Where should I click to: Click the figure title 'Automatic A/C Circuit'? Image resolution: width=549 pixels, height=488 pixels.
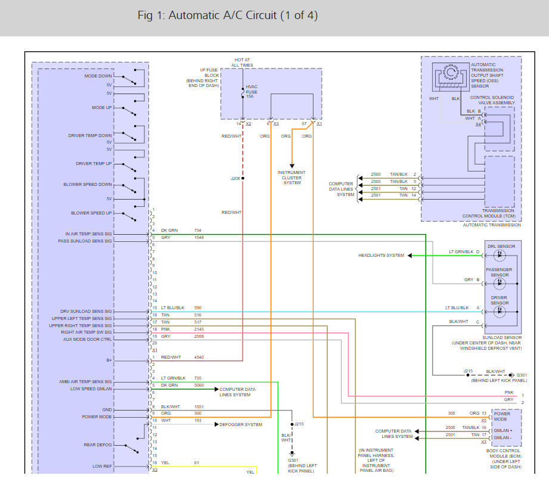tap(223, 15)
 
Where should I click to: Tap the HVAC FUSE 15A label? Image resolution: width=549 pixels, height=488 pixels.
tap(252, 92)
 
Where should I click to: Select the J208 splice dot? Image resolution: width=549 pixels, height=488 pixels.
tap(243, 178)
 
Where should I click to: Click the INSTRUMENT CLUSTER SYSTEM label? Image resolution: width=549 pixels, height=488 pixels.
tap(291, 178)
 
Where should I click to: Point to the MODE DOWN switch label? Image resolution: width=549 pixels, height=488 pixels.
tap(98, 76)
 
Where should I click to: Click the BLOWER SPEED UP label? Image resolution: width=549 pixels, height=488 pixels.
tap(91, 213)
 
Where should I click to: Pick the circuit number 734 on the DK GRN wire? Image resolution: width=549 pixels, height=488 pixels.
tap(198, 231)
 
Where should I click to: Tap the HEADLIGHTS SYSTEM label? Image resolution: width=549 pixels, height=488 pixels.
tap(381, 256)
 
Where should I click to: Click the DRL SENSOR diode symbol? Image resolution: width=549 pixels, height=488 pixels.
tap(500, 255)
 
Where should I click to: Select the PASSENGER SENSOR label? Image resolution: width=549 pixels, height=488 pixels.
tap(499, 272)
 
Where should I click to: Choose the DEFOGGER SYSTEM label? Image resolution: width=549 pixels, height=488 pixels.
tap(241, 425)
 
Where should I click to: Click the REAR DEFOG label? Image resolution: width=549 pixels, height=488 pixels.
tap(98, 445)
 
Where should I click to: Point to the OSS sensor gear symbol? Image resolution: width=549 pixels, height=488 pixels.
tap(451, 73)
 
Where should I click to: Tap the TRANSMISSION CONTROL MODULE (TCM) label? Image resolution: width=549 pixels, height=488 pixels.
tap(489, 213)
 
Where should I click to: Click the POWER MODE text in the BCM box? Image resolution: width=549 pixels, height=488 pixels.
tap(502, 416)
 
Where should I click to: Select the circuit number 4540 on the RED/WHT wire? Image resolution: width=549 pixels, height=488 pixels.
tap(199, 358)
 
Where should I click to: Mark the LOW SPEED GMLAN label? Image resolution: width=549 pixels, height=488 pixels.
tap(91, 389)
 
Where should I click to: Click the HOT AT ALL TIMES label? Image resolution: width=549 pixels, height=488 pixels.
tap(242, 63)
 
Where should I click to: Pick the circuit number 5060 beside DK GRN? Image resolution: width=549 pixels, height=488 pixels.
tap(199, 386)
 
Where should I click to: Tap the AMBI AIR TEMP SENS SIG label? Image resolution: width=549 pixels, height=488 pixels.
tap(85, 382)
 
